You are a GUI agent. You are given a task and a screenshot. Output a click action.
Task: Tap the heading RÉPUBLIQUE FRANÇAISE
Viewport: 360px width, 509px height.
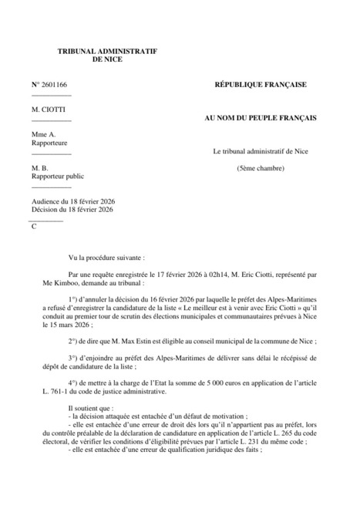260,83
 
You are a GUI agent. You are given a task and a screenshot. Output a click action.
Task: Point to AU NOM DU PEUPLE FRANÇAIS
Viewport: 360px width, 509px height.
260,118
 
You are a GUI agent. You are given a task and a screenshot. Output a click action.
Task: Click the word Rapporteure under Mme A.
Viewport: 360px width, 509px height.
51,143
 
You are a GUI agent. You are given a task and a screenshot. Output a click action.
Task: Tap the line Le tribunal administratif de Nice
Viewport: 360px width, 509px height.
260,152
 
